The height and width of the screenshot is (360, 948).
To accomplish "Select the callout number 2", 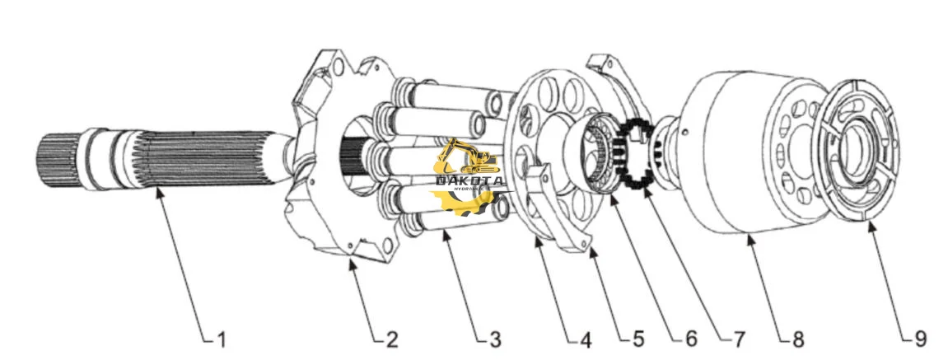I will [x=391, y=338].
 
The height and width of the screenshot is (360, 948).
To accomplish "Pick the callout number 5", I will [x=638, y=338].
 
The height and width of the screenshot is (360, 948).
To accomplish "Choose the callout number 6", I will [x=689, y=338].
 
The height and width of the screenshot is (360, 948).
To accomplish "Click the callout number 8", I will [x=797, y=338].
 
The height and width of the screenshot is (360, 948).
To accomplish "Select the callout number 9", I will [x=919, y=338].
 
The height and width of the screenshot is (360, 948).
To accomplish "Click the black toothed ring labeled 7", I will [x=639, y=152].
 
